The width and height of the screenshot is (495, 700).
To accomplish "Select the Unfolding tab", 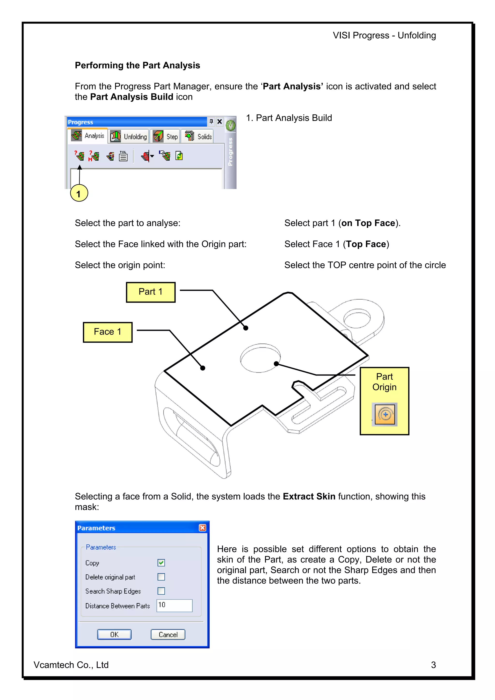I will [129, 137].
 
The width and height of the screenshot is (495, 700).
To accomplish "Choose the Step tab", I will [166, 137].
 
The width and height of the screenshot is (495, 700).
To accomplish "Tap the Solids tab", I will [198, 137].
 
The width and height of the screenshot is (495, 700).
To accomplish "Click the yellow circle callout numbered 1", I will [79, 193].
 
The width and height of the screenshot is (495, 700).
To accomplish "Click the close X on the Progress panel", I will [219, 122].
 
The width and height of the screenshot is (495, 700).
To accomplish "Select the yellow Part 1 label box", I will [151, 292].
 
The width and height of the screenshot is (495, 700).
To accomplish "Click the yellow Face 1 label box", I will [108, 332].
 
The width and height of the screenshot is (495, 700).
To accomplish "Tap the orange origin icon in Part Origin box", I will [384, 414].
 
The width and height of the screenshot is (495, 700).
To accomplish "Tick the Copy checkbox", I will [161, 563].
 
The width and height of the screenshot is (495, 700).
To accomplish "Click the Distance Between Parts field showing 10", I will [175, 605].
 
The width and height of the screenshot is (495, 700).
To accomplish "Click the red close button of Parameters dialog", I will [202, 528].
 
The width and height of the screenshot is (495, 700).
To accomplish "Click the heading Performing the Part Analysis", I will [137, 65].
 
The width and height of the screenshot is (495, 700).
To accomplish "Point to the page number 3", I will [433, 665].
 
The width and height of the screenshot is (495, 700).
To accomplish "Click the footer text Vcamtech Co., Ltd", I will [71, 665].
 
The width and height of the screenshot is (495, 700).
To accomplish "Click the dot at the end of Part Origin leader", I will [276, 363].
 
